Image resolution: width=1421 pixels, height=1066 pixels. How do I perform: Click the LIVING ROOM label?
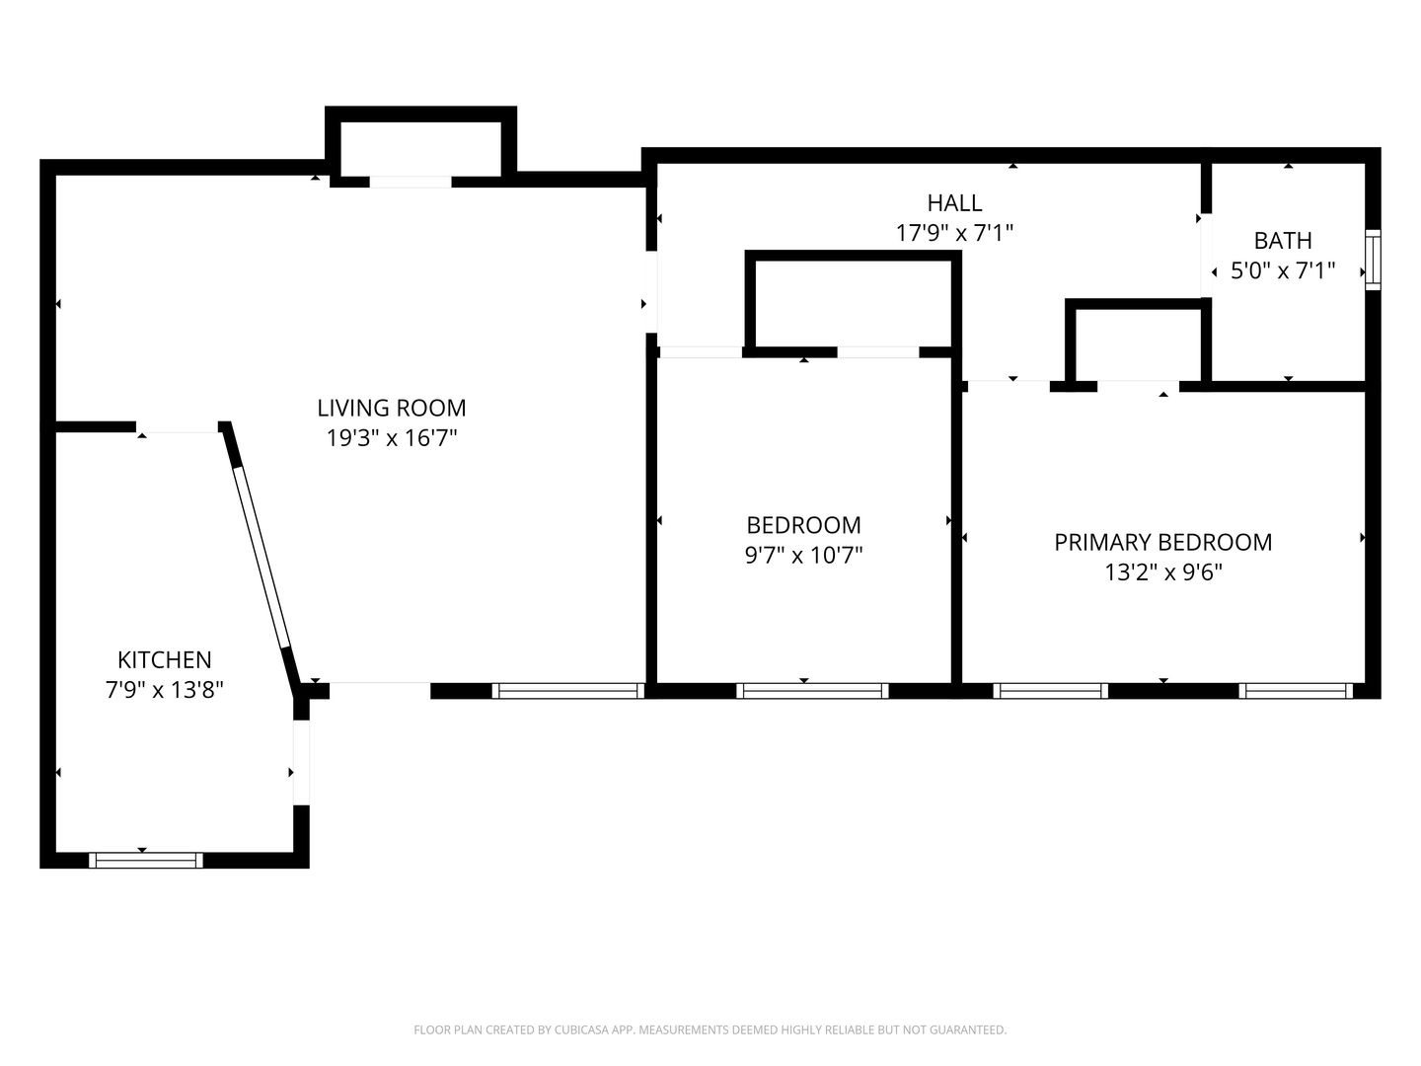pos(391,408)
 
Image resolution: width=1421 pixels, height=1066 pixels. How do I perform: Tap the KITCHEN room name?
pos(165,659)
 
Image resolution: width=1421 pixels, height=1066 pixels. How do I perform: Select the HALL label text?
pos(954,203)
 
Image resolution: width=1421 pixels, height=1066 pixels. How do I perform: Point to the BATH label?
pos(1283,241)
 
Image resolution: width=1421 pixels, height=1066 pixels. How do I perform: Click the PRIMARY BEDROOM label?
pos(1162,543)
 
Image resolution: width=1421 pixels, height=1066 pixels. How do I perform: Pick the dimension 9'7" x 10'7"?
pos(803,556)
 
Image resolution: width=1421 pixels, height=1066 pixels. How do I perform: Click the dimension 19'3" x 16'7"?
pos(391,438)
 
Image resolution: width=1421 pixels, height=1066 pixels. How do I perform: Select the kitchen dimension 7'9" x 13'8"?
pos(165,690)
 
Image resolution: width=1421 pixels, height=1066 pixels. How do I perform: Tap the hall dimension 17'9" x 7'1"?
pos(954,233)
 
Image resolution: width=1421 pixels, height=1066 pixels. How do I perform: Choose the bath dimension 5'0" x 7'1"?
pos(1283,270)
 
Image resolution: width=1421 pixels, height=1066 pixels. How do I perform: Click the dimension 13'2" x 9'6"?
pos(1162,572)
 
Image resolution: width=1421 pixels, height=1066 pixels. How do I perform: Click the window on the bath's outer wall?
pos(1373,260)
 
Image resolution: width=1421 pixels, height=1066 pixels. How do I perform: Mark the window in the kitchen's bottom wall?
pos(146,860)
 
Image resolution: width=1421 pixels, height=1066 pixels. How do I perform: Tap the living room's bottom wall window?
pos(567,691)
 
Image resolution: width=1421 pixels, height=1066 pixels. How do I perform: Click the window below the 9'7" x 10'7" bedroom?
pos(812,691)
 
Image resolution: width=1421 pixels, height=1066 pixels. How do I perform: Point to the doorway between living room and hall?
pos(652,292)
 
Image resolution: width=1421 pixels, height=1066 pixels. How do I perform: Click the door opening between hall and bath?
pos(1206,255)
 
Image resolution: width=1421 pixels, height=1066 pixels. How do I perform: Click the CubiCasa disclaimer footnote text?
pos(710,1029)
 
